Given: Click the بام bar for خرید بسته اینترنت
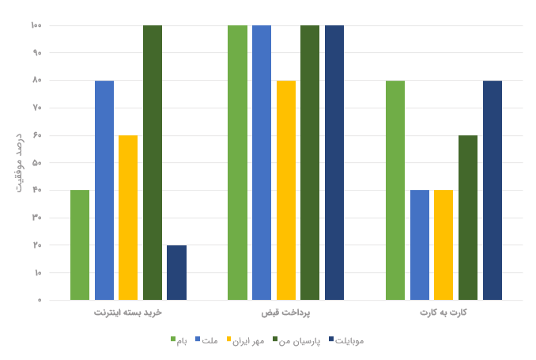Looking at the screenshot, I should (x=80, y=245).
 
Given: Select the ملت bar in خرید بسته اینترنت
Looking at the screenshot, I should (x=104, y=190).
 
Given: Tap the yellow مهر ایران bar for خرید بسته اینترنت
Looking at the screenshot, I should (x=128, y=218).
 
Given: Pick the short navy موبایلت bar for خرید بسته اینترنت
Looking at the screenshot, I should (x=176, y=273).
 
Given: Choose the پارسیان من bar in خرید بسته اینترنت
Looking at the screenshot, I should (x=153, y=162).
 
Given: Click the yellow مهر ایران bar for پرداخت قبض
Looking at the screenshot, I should (x=286, y=190).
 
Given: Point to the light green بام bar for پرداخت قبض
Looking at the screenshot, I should (x=237, y=162).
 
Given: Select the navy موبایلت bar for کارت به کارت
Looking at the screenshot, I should (x=493, y=190).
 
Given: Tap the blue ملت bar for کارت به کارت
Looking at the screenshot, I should (x=420, y=245).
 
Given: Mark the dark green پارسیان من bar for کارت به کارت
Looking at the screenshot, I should (x=468, y=218).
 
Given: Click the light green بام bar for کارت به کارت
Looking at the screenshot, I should (x=395, y=190).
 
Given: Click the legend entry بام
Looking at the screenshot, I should (x=179, y=340).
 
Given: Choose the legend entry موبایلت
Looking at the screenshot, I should (x=345, y=340).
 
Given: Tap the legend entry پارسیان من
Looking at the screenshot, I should (x=296, y=340).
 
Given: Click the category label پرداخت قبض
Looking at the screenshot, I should (x=285, y=313).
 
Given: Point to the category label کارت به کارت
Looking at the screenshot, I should (x=444, y=313).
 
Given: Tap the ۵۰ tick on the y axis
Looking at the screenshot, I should (x=36, y=163).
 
